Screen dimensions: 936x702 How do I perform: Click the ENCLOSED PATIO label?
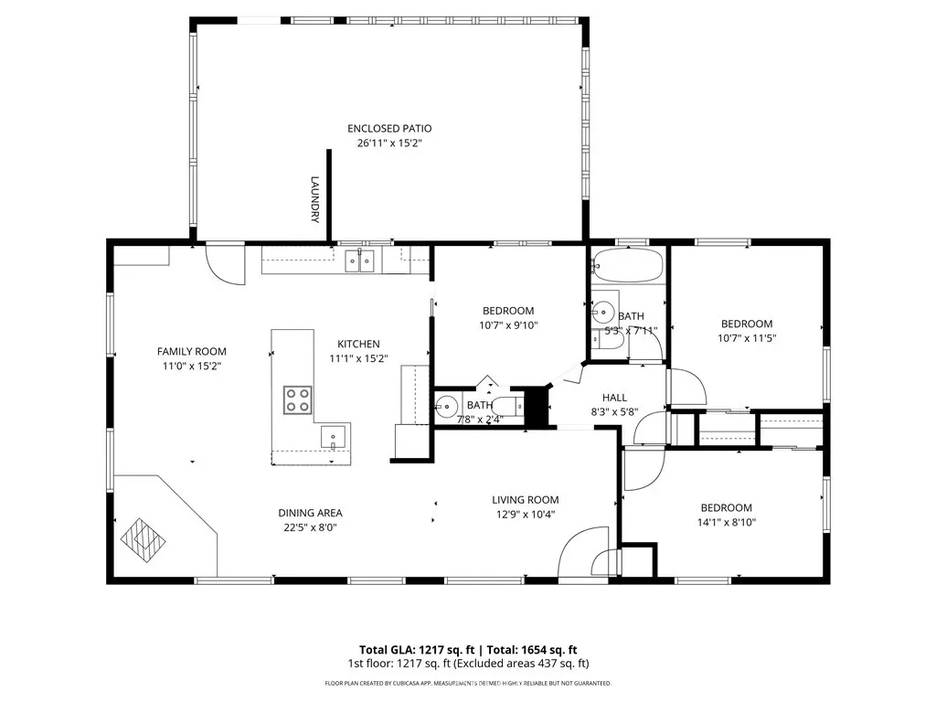[389, 128]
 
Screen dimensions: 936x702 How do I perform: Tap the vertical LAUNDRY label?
[315, 199]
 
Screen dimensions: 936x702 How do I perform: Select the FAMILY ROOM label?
[192, 352]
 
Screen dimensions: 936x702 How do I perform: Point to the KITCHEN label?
[358, 344]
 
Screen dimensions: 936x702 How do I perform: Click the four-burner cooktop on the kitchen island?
[297, 400]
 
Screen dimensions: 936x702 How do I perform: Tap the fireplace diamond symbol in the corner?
[144, 540]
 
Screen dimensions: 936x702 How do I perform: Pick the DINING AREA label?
[311, 513]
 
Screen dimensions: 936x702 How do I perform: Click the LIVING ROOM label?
[526, 500]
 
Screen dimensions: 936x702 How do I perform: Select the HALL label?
[614, 398]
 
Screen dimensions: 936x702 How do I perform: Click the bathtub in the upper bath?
[627, 266]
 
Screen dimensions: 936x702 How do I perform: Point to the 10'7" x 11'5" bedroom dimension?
[747, 338]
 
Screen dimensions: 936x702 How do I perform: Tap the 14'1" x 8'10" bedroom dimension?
[727, 522]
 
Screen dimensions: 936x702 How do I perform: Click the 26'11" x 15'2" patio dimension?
[389, 144]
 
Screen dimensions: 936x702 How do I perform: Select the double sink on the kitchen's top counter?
[359, 261]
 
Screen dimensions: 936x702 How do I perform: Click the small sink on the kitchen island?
[333, 437]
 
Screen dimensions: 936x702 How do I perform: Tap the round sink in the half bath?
[446, 407]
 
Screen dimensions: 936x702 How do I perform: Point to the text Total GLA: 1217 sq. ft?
[417, 650]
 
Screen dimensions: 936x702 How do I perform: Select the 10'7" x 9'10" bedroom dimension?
[508, 325]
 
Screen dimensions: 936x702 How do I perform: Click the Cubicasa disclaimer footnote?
[468, 683]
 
